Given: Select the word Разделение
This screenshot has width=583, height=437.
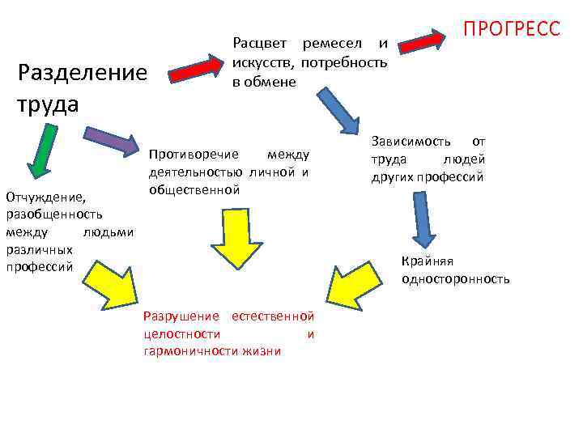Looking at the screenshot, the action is coord(82,74).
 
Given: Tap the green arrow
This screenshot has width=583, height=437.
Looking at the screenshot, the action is coord(37,155).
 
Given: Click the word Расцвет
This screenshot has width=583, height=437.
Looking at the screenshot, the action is coord(258,42).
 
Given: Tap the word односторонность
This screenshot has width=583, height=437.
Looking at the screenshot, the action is coord(455,279).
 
